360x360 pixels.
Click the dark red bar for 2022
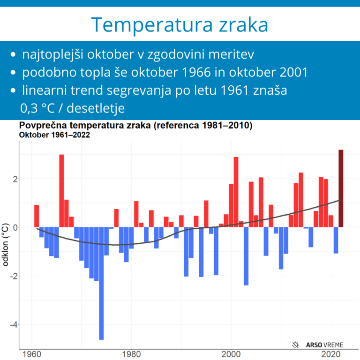point(341,188)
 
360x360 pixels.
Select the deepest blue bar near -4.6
point(101,283)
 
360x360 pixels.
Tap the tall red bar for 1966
point(61,191)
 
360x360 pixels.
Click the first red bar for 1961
point(37,216)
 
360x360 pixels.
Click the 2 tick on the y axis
point(15,179)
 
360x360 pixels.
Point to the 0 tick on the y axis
point(15,227)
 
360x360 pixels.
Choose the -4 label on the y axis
point(13,324)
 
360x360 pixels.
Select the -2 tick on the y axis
point(13,276)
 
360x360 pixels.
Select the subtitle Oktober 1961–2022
point(54,135)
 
